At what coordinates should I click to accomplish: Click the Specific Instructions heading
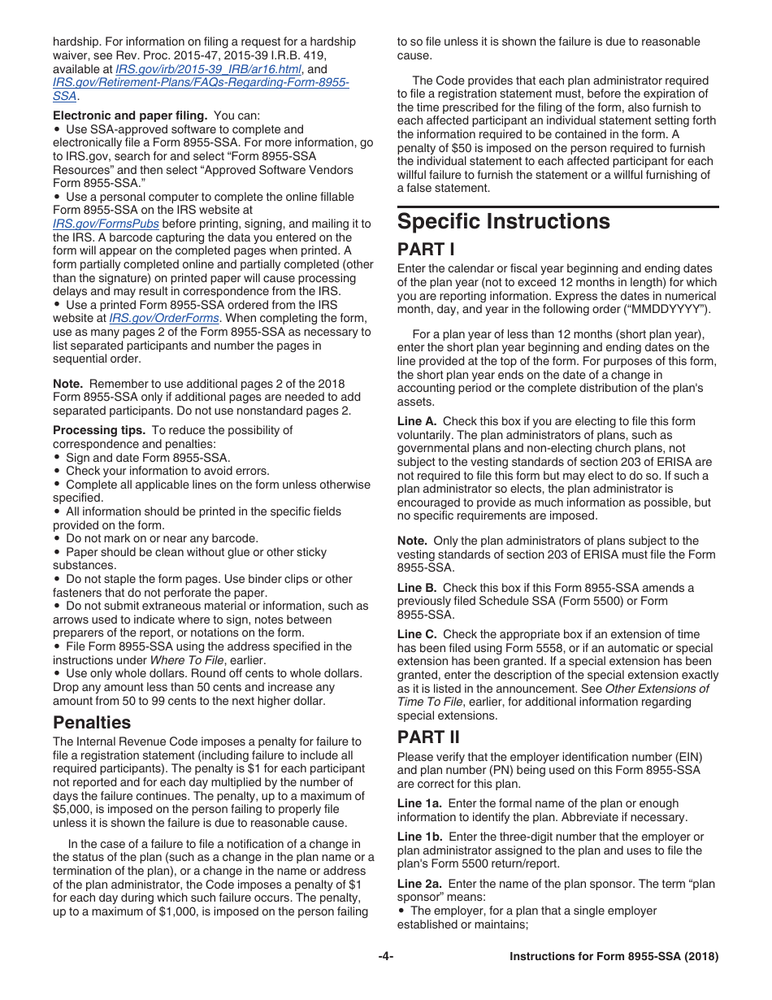[x=503, y=222]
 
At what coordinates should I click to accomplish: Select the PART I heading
[x=421, y=250]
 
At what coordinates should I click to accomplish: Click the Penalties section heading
[x=91, y=722]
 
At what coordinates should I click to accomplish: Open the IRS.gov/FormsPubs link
[x=106, y=224]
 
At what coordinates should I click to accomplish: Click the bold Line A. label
[x=417, y=421]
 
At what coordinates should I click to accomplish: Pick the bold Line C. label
[x=417, y=634]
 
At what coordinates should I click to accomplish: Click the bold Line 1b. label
[x=420, y=837]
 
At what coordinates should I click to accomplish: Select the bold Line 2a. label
[x=420, y=884]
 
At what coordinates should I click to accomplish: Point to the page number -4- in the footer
[x=385, y=957]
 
